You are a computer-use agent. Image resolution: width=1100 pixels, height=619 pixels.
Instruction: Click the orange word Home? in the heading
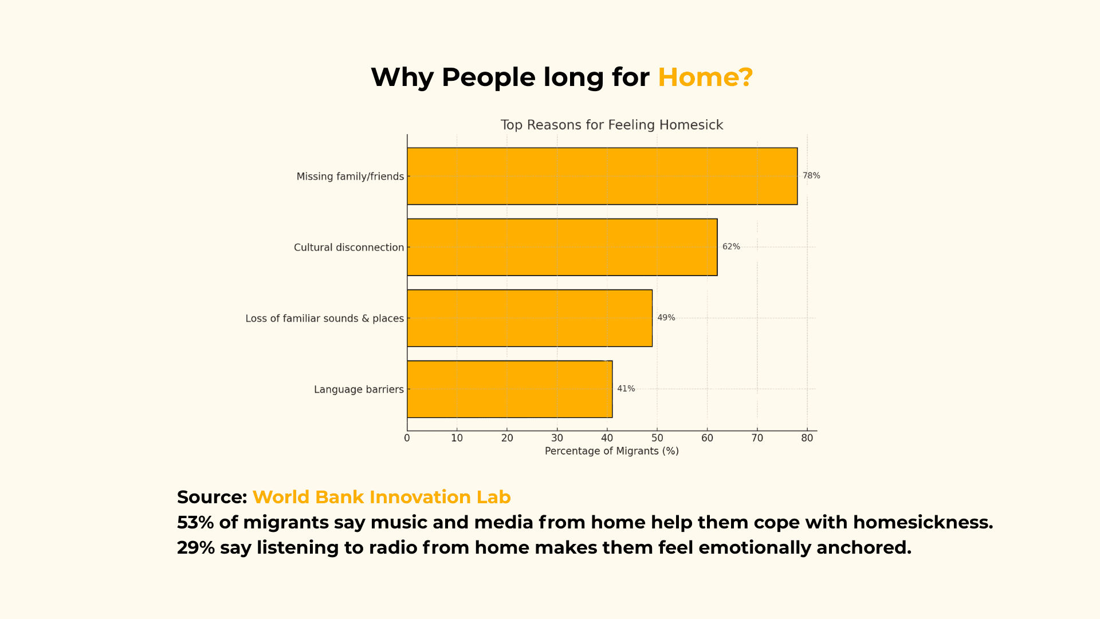tap(705, 77)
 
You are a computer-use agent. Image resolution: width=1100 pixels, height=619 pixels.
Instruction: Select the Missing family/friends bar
tap(602, 176)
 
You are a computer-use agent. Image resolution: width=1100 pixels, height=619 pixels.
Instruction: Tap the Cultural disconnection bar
tap(562, 247)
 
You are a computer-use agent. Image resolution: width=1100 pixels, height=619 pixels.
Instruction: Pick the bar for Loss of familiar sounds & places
tap(530, 318)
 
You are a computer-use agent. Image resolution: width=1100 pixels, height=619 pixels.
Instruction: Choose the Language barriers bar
tap(510, 389)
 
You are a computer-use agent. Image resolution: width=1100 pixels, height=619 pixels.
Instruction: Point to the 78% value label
tap(811, 176)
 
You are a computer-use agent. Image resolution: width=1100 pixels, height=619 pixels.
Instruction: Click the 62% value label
tap(731, 247)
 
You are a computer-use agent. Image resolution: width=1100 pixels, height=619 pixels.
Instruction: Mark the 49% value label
tap(666, 318)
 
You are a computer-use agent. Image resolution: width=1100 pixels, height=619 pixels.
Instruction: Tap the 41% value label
tap(626, 389)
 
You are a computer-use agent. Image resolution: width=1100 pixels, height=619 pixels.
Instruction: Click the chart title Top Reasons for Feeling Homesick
tap(612, 125)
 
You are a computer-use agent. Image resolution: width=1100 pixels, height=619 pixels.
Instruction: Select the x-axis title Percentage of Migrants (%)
tap(612, 451)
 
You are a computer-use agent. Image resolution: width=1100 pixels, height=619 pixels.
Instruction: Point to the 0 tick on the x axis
tap(407, 438)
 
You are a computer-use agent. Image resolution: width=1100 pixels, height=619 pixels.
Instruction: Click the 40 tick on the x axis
tap(607, 438)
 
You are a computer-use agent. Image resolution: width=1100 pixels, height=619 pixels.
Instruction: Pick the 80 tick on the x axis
tap(807, 438)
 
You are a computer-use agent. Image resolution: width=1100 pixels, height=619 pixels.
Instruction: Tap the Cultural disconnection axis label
tap(349, 248)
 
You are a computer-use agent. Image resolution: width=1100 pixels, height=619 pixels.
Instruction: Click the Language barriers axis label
tap(359, 390)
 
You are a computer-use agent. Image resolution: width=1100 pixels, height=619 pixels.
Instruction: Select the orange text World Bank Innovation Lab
tap(382, 497)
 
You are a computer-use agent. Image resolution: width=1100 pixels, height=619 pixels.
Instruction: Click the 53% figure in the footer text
tap(195, 523)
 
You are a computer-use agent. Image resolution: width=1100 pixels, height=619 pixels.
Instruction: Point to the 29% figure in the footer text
tap(196, 548)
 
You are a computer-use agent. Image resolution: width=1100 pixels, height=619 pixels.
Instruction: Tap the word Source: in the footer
tap(212, 497)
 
